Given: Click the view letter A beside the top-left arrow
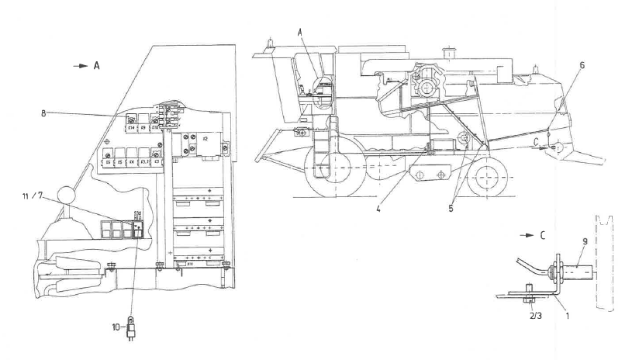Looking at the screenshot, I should click(x=96, y=67).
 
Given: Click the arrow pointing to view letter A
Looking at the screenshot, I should click(x=80, y=67).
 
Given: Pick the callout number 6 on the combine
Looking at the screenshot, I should click(x=581, y=66).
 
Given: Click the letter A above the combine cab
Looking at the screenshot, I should click(x=302, y=33).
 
